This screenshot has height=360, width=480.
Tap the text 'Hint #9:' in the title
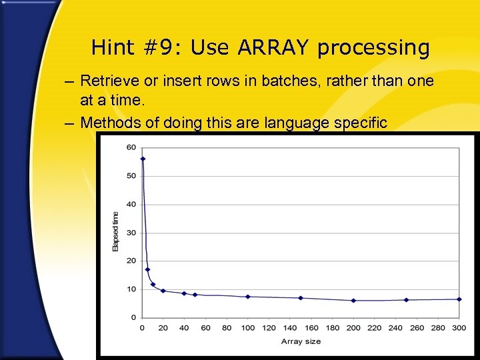click(x=137, y=48)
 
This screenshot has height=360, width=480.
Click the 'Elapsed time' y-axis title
click(x=115, y=231)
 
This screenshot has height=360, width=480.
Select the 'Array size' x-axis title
click(x=301, y=341)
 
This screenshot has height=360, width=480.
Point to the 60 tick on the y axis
click(x=131, y=147)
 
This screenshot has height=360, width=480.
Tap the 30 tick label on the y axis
click(x=131, y=233)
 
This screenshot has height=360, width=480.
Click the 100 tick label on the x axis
click(x=248, y=328)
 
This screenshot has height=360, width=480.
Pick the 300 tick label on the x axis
click(x=459, y=328)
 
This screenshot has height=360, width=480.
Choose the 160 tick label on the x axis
click(x=311, y=328)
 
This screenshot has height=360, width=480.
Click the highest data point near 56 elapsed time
click(x=143, y=159)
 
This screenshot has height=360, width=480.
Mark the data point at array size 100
click(x=248, y=297)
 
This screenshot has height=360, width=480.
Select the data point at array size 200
click(x=353, y=301)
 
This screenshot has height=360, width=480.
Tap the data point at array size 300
click(x=459, y=299)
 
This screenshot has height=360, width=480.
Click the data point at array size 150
click(x=301, y=298)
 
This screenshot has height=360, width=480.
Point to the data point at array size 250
click(x=406, y=300)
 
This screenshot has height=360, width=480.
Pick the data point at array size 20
click(x=163, y=291)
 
